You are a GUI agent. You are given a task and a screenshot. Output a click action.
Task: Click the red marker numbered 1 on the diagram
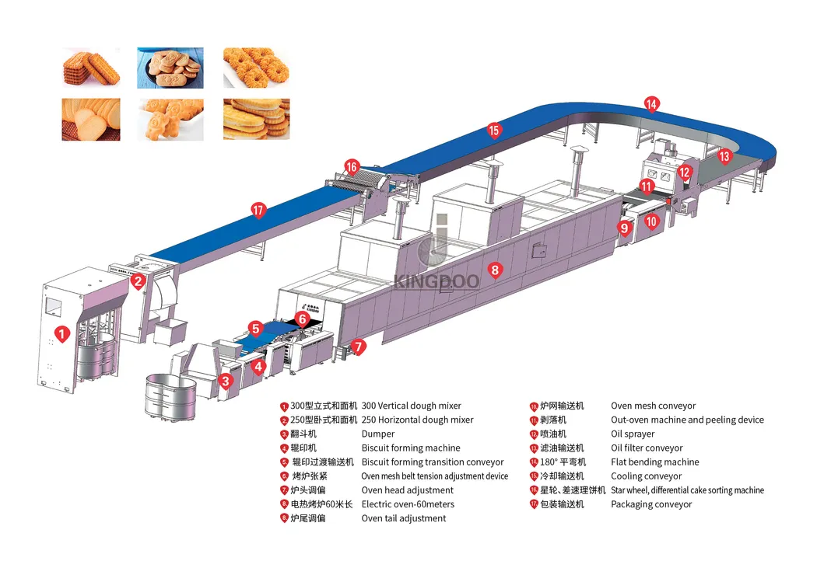[62, 334]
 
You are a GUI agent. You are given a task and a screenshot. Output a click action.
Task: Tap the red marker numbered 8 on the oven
[495, 270]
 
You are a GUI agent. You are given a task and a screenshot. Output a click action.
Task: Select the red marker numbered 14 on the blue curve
[651, 104]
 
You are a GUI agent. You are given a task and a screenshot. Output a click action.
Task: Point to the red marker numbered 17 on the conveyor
[258, 211]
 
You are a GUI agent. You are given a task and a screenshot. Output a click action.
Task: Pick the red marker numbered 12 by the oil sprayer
[684, 173]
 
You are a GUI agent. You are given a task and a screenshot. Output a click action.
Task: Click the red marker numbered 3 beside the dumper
[226, 381]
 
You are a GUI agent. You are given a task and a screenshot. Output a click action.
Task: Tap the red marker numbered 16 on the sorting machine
[352, 167]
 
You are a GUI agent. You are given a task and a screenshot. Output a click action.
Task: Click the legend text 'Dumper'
[378, 434]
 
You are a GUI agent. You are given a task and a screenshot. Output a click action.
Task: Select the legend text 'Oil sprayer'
[633, 434]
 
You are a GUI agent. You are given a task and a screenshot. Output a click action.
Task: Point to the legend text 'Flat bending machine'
[655, 462]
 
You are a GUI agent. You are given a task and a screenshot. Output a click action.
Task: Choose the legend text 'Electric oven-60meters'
[408, 504]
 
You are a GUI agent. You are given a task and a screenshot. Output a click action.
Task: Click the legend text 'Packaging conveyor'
[651, 504]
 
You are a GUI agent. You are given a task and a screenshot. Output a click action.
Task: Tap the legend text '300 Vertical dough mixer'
[412, 406]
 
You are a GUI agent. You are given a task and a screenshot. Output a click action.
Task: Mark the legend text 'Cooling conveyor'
[646, 476]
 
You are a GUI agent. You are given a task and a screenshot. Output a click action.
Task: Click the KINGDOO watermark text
[437, 281]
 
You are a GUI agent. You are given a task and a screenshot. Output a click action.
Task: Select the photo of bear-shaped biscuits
[170, 120]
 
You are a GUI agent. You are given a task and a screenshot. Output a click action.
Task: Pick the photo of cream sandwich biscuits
[257, 119]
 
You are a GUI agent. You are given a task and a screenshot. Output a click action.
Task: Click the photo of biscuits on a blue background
[170, 68]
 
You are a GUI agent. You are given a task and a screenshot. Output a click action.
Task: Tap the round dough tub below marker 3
[170, 397]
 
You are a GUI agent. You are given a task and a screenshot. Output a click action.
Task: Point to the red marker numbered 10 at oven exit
[651, 222]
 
